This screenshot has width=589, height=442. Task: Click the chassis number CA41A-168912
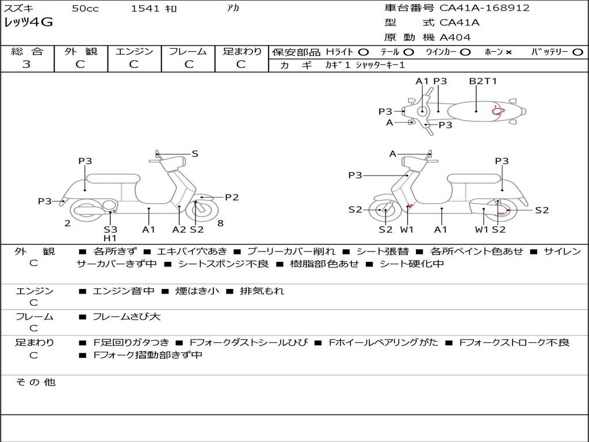point(484,8)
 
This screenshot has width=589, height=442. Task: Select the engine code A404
point(455,37)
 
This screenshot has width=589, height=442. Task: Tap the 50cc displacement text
point(85,8)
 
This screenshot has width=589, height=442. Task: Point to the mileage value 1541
point(142,8)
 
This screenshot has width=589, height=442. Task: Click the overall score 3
point(26,64)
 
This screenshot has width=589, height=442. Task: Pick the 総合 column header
point(26,51)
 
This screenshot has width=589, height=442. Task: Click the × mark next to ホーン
point(508,52)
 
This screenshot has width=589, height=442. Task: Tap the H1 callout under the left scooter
point(110,238)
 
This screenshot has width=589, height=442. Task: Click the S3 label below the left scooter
point(110,230)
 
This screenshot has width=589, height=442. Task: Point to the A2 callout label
point(179,230)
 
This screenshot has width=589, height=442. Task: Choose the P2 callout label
point(232,197)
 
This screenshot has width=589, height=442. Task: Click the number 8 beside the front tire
point(220,223)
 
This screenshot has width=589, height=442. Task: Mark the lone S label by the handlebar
point(195,154)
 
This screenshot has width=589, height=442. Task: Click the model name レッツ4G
point(29,23)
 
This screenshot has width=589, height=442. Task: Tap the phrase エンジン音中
point(124,291)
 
